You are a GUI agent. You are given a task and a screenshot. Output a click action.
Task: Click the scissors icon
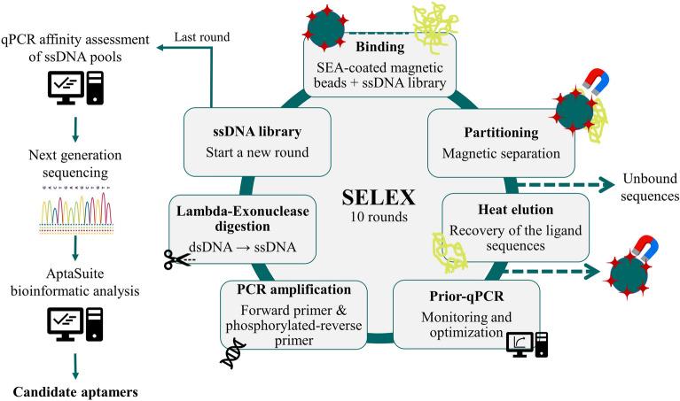pyautogui.click(x=178, y=259)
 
